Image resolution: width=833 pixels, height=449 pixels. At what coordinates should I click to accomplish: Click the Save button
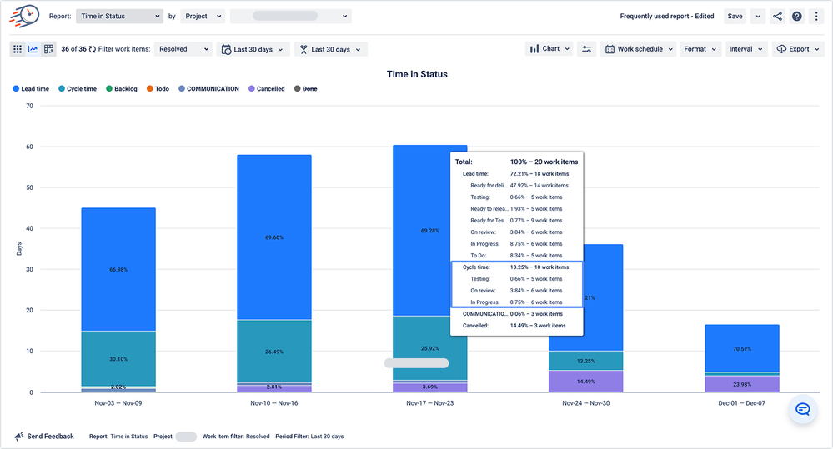click(x=735, y=16)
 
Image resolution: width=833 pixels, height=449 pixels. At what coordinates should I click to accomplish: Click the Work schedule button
click(x=634, y=49)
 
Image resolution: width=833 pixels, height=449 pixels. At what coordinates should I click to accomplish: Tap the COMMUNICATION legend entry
click(x=208, y=89)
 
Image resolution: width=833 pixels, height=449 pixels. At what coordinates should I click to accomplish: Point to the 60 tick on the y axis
click(x=29, y=147)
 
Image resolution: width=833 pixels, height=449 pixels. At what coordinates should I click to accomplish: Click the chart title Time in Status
click(x=417, y=74)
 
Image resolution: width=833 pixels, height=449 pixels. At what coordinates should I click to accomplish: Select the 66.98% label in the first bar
click(x=118, y=270)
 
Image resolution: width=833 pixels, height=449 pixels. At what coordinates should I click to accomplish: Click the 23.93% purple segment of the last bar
click(x=742, y=384)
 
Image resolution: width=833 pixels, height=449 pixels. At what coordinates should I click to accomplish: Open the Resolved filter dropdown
click(x=183, y=49)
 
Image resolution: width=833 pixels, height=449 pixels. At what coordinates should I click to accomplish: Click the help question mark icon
click(x=797, y=17)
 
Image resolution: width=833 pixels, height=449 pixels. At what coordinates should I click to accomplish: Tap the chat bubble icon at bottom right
click(x=803, y=409)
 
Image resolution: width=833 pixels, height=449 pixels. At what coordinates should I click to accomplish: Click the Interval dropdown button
click(x=745, y=49)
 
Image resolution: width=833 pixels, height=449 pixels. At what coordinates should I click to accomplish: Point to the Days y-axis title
click(x=18, y=249)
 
